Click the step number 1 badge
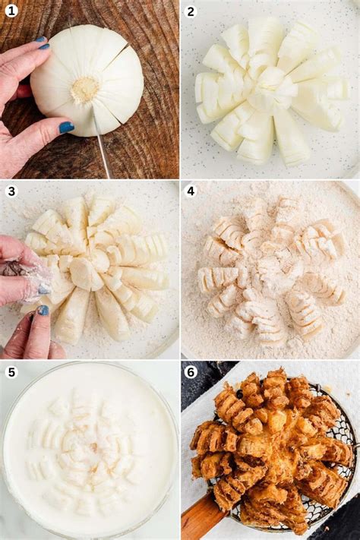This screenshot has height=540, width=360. pyautogui.click(x=11, y=11)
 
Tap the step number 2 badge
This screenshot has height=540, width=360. pyautogui.click(x=191, y=11)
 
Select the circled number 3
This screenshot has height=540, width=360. pyautogui.click(x=11, y=191)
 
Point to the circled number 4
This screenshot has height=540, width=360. pyautogui.click(x=191, y=191)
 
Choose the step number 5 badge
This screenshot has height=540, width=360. pyautogui.click(x=11, y=371)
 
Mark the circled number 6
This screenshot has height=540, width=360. pyautogui.click(x=191, y=371)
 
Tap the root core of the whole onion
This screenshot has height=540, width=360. pyautogui.click(x=85, y=90)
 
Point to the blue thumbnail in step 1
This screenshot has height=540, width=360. pyautogui.click(x=66, y=128)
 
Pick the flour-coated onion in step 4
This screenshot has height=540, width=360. pyautogui.click(x=270, y=270)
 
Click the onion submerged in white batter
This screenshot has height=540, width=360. pyautogui.click(x=90, y=448)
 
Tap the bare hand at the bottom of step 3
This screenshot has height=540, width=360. pyautogui.click(x=30, y=334)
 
